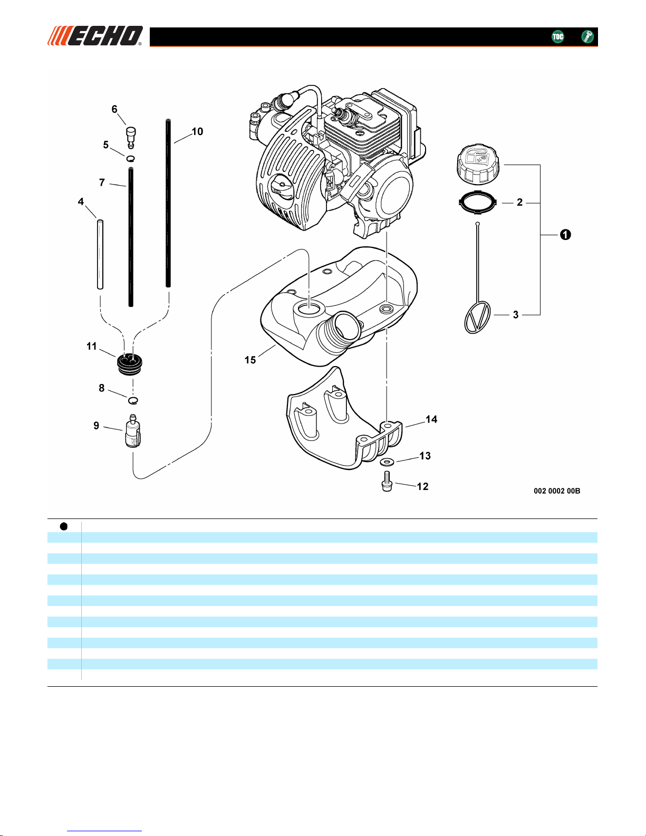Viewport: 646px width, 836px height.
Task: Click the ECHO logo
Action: tap(95, 36)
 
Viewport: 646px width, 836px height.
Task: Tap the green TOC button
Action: tap(557, 36)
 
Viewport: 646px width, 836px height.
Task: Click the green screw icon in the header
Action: tap(587, 36)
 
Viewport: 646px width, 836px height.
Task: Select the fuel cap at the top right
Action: tap(478, 165)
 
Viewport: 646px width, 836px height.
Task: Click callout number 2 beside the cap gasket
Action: tap(519, 203)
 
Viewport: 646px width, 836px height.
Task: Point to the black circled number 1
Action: tap(565, 235)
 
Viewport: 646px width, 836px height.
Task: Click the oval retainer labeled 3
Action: tap(477, 317)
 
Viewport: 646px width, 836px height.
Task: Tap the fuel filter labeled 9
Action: tap(133, 431)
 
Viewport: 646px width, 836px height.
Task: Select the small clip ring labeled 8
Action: tap(133, 400)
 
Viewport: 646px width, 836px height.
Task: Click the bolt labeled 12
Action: tap(387, 481)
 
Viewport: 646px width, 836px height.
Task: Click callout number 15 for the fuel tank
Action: tap(250, 360)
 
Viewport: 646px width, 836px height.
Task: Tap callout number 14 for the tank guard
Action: tap(431, 419)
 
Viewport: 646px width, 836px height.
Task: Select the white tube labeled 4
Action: tap(100, 254)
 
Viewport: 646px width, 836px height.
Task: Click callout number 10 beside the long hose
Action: tap(197, 131)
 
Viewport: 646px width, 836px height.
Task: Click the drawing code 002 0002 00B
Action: tap(557, 491)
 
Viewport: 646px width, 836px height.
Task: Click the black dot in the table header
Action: tap(64, 526)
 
